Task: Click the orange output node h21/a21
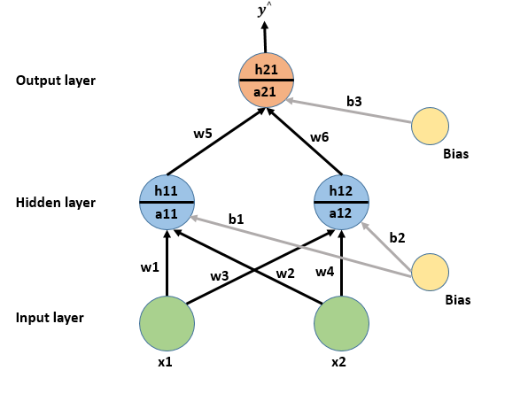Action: (266, 81)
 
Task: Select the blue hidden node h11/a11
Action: (167, 203)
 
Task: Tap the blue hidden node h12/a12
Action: (341, 203)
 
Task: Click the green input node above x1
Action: (167, 323)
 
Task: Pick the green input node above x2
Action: (341, 323)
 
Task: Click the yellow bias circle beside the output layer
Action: (431, 127)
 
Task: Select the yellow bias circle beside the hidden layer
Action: (431, 273)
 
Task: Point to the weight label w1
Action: (150, 266)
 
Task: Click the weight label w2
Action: (284, 273)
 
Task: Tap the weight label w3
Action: (220, 276)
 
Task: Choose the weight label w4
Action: (325, 271)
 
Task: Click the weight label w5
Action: (204, 135)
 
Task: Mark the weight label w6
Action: (320, 137)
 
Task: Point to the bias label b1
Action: (236, 218)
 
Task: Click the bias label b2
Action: (397, 237)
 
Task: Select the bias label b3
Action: (353, 102)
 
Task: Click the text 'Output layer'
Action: (55, 81)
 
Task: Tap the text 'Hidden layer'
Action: (55, 203)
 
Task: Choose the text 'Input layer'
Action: (51, 318)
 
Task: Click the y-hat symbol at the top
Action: (263, 10)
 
